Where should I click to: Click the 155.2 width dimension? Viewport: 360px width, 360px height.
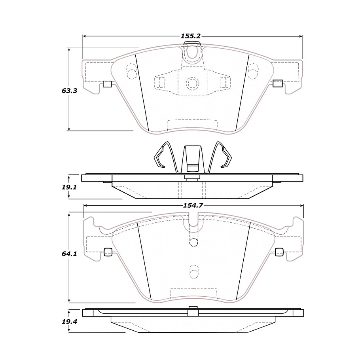coord(191,36)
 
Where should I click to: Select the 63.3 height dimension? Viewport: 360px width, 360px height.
coord(69,90)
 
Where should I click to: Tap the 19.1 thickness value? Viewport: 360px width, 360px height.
coord(69,186)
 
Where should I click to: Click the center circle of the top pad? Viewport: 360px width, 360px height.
coord(192,83)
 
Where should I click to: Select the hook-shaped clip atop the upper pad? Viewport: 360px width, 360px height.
coord(192,52)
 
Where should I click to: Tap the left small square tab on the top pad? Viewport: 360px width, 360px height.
coord(107,83)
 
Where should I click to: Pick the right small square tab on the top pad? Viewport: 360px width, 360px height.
coord(277,83)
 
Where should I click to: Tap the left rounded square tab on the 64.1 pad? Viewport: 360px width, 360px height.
coord(107,252)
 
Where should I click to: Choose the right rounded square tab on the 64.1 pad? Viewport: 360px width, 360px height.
coord(279,252)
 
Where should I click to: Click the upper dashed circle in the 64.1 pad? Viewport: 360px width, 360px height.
coord(193,242)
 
